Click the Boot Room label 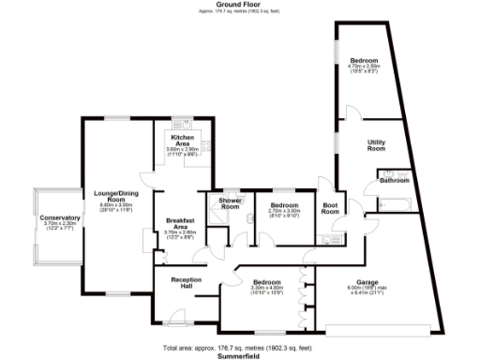coord(330,208)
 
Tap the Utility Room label coord(377,145)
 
